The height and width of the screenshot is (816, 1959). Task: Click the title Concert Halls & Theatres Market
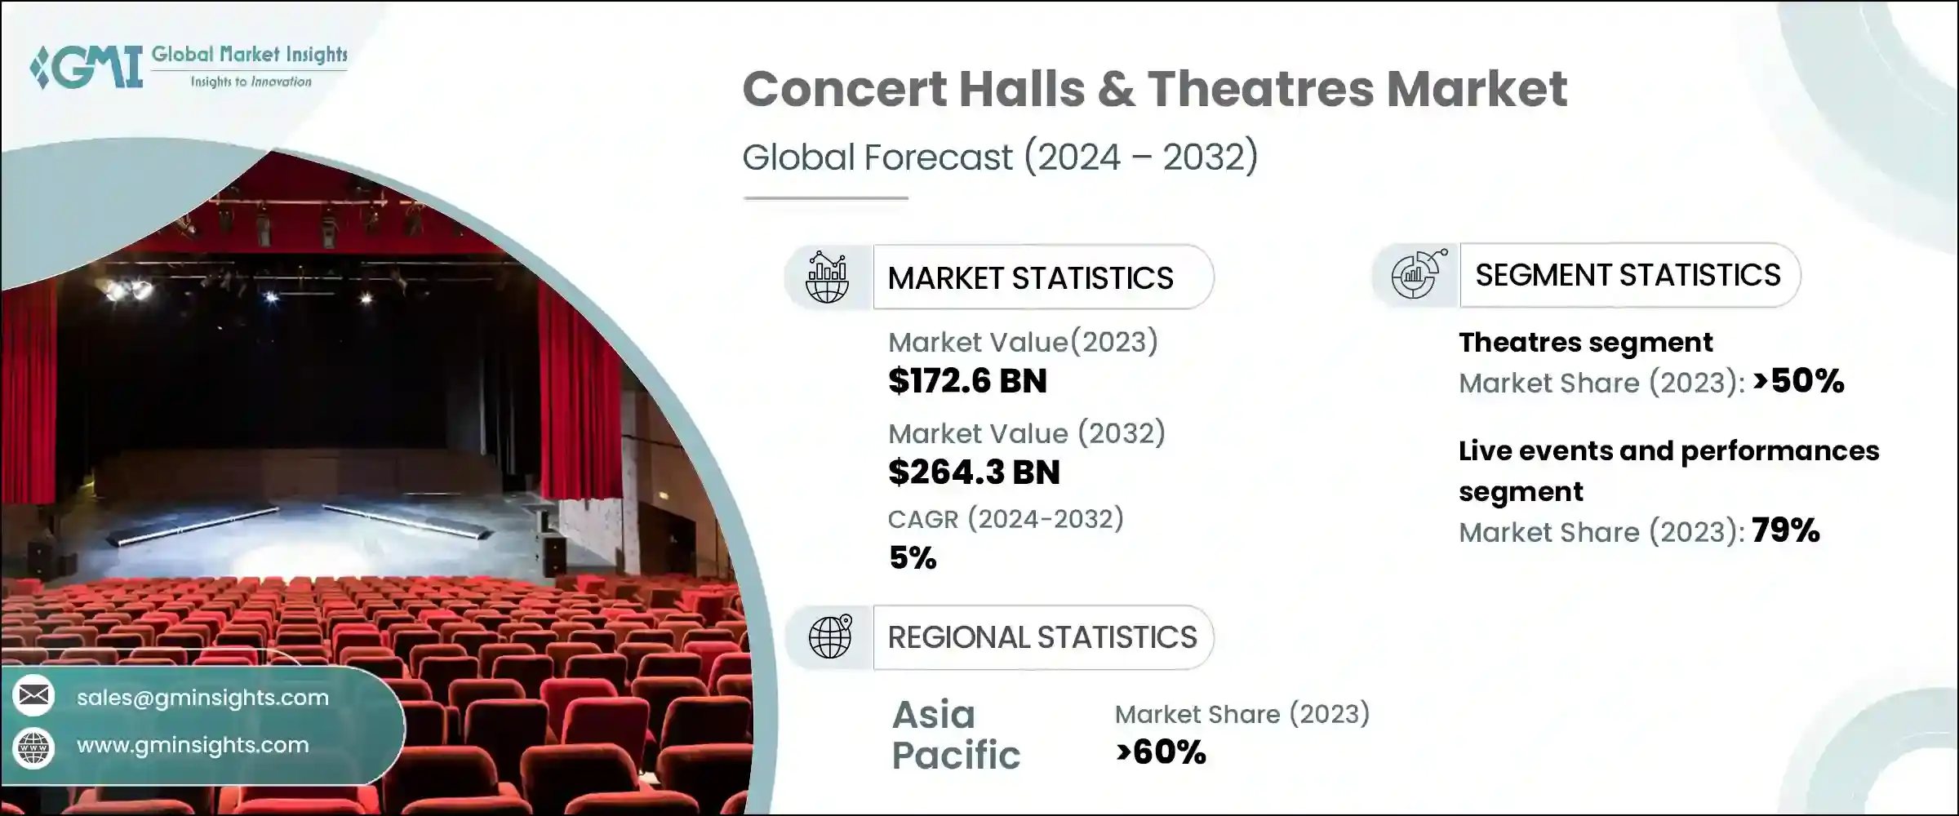1154,89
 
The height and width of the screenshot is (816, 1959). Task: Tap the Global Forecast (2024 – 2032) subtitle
1000,157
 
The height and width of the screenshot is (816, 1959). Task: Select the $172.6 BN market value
967,381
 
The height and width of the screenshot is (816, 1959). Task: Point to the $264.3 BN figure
974,472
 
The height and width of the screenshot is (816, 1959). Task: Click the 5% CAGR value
913,558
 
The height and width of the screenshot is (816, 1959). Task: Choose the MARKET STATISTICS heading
1030,278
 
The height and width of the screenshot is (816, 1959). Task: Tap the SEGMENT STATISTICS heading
1628,276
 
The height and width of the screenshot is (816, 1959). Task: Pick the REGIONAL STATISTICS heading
1042,637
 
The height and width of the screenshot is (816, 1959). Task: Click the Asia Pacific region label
956,734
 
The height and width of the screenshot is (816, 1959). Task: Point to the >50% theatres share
1798,381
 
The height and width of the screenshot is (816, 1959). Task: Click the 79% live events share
1785,531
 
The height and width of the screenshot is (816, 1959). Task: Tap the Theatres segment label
1585,343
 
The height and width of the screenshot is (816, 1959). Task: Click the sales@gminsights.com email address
202,698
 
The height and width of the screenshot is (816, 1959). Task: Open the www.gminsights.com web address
193,745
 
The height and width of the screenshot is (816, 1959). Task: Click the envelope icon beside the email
33,696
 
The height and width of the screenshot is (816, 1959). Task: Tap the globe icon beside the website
33,747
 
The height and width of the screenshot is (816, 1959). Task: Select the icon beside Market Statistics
827,277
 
